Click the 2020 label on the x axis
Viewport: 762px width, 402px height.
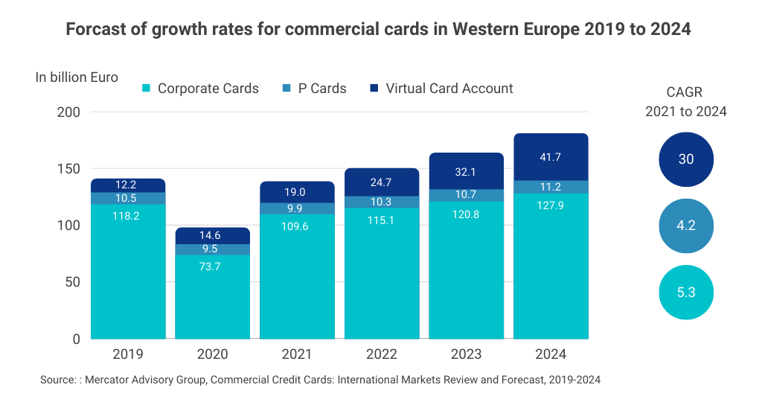(x=212, y=354)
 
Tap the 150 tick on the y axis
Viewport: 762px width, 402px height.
(x=69, y=169)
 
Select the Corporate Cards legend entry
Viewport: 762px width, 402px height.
(x=200, y=89)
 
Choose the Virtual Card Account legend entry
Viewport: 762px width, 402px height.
(x=441, y=89)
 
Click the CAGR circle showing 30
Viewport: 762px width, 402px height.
(x=686, y=159)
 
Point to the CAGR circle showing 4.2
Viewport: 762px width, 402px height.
(x=686, y=226)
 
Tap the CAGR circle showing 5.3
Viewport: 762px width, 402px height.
(x=686, y=293)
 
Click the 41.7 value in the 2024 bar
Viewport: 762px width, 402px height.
(x=551, y=157)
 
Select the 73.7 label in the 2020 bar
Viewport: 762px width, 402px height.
(x=212, y=267)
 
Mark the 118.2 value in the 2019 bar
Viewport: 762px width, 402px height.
(x=127, y=215)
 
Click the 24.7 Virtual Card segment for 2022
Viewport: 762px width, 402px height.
(x=382, y=182)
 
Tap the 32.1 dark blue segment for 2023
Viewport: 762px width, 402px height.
(x=467, y=170)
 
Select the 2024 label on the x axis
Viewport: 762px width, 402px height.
(x=551, y=354)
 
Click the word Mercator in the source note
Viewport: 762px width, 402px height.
(x=109, y=380)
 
